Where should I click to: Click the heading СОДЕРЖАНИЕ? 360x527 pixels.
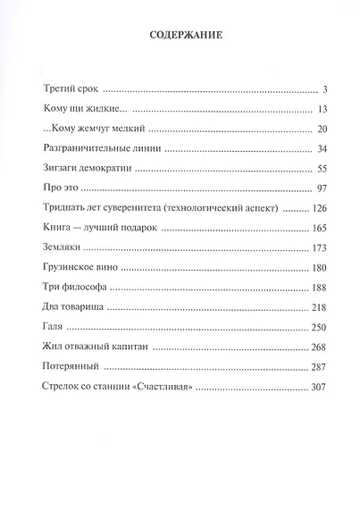tap(180, 37)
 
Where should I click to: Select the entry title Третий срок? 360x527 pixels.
tap(70, 89)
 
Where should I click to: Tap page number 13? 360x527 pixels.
tap(325, 109)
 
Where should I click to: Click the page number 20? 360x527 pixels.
tap(325, 129)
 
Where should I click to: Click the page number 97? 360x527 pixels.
tap(325, 188)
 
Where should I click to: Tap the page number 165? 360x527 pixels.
tap(322, 228)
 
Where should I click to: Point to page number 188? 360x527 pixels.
tap(322, 287)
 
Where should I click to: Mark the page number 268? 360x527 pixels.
tap(322, 346)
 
